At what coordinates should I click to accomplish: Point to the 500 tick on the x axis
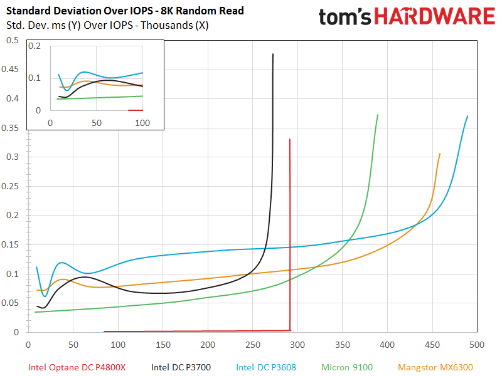pyautogui.click(x=477, y=344)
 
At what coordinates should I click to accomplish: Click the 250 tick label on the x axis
pyautogui.click(x=252, y=344)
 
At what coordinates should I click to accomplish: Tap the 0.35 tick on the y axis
pyautogui.click(x=12, y=128)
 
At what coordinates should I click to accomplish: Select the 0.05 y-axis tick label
pyautogui.click(x=12, y=303)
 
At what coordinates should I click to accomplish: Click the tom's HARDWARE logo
pyautogui.click(x=407, y=17)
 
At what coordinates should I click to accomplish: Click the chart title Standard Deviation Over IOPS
pyautogui.click(x=125, y=11)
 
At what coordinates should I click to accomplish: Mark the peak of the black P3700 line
pyautogui.click(x=273, y=55)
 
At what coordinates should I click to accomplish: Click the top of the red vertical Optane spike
pyautogui.click(x=289, y=140)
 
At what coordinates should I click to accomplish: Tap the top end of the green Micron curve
pyautogui.click(x=378, y=115)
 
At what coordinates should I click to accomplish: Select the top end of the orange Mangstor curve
pyautogui.click(x=440, y=154)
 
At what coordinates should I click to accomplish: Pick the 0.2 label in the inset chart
pyautogui.click(x=35, y=46)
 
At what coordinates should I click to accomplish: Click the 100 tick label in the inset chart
pyautogui.click(x=142, y=123)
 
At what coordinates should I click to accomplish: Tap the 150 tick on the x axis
pyautogui.click(x=163, y=344)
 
